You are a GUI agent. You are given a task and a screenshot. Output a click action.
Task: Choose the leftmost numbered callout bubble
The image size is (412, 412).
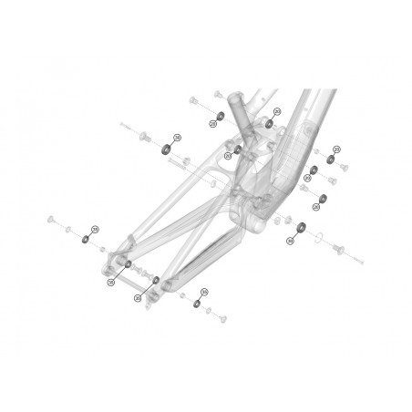[94, 229]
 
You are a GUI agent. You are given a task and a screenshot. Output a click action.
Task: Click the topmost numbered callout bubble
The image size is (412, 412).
[275, 111]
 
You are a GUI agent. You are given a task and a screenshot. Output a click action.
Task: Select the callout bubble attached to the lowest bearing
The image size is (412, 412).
[204, 292]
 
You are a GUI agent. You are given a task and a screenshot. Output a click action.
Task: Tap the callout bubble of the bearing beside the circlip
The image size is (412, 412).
[291, 242]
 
